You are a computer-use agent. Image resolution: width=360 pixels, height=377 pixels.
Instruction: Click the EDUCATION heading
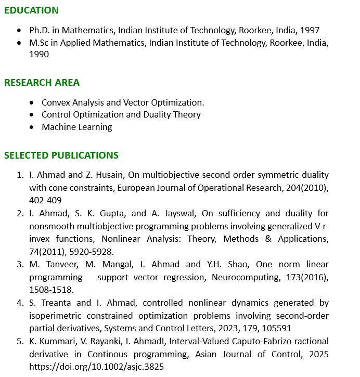coord(31,10)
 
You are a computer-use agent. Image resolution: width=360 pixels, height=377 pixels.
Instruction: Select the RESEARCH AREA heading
coord(42,83)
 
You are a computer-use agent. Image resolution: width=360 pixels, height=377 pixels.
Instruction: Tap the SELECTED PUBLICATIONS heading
coord(61,155)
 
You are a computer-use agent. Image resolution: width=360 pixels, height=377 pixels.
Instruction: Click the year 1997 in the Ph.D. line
coord(309,30)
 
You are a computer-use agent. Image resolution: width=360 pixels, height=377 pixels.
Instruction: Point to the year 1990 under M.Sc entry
coord(39,54)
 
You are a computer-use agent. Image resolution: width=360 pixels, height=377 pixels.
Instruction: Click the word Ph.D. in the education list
coord(41,30)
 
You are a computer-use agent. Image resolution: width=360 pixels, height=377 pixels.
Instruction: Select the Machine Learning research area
coord(77,127)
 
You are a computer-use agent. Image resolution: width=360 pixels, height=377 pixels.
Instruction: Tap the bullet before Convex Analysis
coord(32,103)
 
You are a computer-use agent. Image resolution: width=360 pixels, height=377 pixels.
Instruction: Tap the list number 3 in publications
coord(20,264)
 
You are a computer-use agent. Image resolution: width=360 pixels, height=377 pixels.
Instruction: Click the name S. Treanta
coord(50,303)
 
